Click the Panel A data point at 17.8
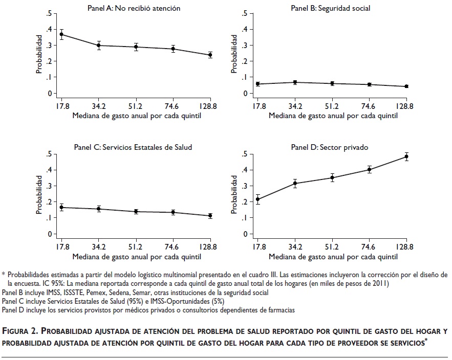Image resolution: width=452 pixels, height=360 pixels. [61, 35]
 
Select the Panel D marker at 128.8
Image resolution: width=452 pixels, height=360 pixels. [407, 156]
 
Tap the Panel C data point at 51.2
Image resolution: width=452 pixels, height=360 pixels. [136, 211]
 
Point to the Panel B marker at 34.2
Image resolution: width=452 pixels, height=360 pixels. [295, 82]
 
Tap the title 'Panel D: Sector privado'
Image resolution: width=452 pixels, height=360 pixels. [330, 147]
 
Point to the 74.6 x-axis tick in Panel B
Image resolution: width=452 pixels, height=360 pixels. [369, 106]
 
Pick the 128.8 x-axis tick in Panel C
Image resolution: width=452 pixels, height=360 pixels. [210, 246]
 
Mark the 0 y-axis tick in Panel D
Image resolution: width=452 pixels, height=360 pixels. [246, 234]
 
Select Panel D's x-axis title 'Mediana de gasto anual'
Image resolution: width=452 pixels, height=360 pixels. [333, 256]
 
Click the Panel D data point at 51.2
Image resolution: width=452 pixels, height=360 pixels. [332, 178]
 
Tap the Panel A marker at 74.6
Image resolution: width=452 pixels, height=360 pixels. [173, 49]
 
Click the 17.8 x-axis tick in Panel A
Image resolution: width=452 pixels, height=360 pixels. [61, 106]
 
